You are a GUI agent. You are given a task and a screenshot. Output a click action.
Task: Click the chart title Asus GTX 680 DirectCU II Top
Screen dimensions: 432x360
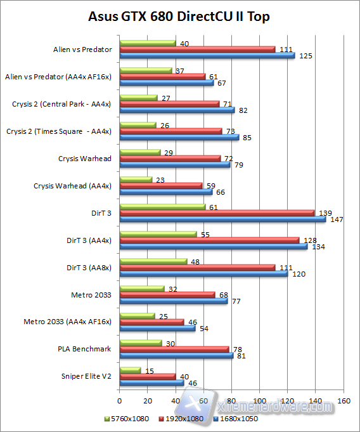click(179, 16)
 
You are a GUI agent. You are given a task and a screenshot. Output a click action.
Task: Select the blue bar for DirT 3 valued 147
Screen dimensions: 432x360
click(222, 219)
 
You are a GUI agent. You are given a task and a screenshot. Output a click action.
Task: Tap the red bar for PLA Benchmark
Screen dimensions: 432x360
click(174, 349)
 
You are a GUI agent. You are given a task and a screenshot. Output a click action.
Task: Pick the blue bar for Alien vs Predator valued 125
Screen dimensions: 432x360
click(207, 55)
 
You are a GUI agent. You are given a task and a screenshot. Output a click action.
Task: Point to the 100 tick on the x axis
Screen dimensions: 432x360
click(259, 401)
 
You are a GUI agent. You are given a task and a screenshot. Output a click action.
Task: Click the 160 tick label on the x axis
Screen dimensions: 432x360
click(344, 401)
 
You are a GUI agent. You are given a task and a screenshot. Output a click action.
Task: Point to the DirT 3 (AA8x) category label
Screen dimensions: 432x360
click(89, 268)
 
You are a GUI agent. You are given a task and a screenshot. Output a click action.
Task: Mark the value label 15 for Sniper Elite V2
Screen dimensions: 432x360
click(150, 370)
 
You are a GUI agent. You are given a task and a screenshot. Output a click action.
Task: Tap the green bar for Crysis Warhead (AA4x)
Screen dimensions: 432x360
click(136, 180)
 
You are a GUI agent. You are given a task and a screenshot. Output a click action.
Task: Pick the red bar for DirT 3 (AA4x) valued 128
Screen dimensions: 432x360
click(209, 240)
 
